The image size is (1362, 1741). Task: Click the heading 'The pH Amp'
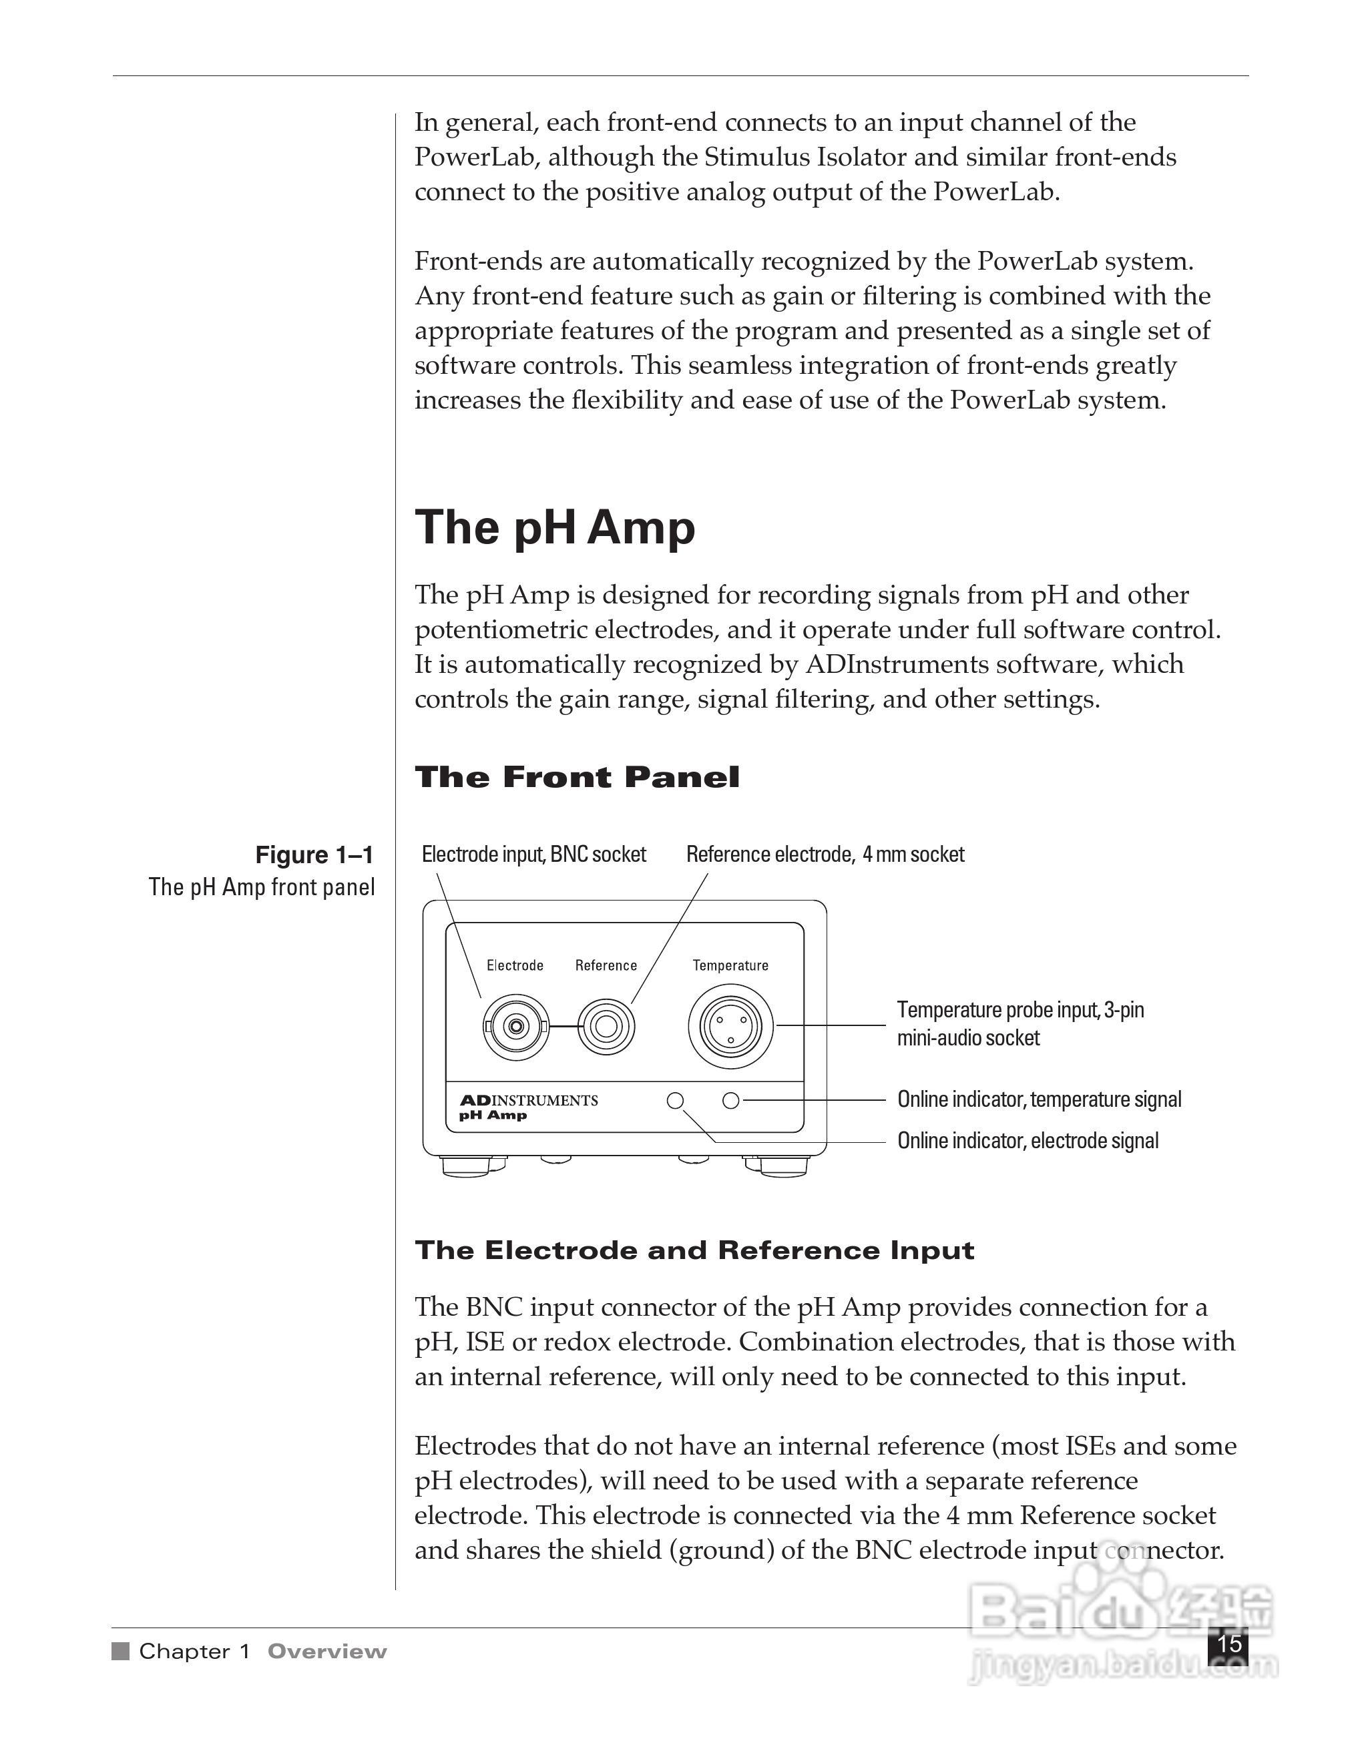[x=554, y=528]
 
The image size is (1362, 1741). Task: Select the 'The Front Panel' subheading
[x=577, y=776]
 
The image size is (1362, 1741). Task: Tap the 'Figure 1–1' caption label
[x=314, y=855]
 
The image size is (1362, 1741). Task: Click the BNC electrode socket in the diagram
[x=516, y=1027]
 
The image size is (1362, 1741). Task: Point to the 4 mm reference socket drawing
[x=606, y=1027]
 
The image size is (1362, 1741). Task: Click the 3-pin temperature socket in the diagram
[x=730, y=1026]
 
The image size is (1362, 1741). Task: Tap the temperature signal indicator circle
[x=730, y=1101]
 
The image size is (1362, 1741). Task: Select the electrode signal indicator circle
[x=674, y=1101]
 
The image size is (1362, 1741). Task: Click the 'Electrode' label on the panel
[x=515, y=965]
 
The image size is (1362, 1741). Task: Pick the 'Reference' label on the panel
[x=606, y=965]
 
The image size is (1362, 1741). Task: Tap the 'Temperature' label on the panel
[x=730, y=965]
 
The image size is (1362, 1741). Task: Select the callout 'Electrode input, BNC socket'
[x=533, y=854]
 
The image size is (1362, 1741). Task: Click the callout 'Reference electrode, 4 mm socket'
[x=825, y=854]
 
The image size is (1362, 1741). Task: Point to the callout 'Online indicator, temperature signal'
[x=1039, y=1099]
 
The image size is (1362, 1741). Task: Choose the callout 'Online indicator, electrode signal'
[x=1028, y=1141]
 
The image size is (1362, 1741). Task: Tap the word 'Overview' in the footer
[x=327, y=1651]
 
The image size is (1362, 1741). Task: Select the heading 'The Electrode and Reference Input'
[x=694, y=1250]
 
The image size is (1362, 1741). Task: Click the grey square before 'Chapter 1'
[x=120, y=1651]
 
